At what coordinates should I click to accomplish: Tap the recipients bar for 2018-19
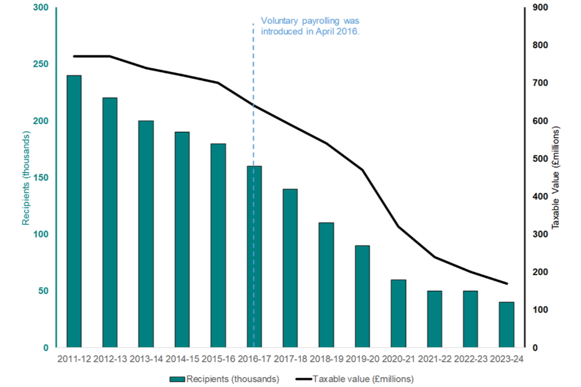[326, 285]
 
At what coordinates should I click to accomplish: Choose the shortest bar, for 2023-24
[507, 325]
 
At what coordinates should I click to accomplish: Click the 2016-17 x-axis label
[254, 360]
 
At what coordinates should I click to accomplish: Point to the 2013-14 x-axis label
[146, 360]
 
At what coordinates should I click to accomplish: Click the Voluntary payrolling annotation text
[310, 25]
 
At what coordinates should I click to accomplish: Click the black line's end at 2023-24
[507, 284]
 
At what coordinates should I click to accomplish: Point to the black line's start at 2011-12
[74, 56]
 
